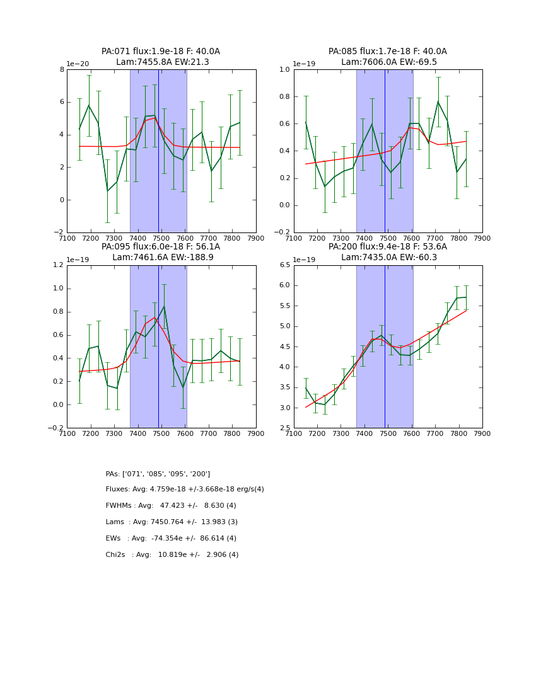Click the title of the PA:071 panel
(x=161, y=52)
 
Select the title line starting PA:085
(x=387, y=52)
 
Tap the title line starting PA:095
(x=161, y=247)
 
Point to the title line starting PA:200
(x=387, y=247)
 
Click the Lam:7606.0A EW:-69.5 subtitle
(x=388, y=62)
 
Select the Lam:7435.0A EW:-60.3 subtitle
(x=388, y=258)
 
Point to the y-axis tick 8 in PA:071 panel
(x=62, y=70)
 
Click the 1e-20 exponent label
(x=78, y=64)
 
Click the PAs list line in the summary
(x=158, y=474)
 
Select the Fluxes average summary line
(x=185, y=490)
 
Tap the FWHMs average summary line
(x=171, y=506)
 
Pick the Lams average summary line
(x=172, y=522)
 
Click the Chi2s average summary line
(x=172, y=555)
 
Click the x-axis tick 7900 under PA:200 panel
(x=482, y=433)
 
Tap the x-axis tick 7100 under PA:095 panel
(x=67, y=433)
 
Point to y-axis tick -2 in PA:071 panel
(x=59, y=232)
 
